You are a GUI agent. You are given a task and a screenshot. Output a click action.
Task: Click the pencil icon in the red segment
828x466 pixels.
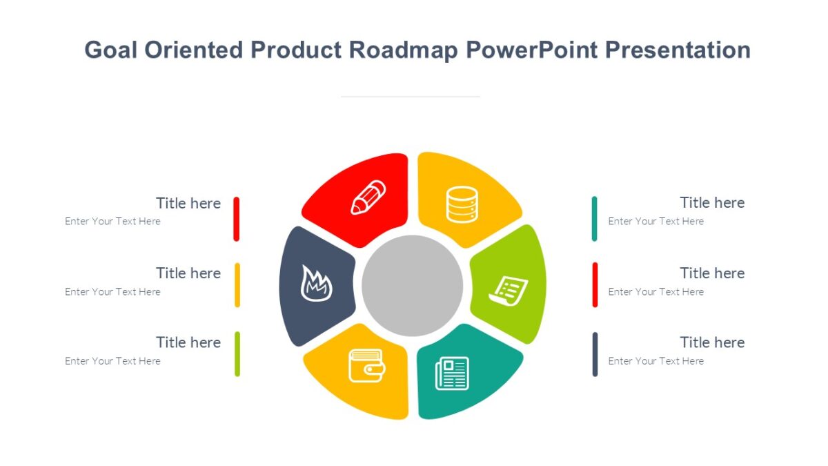[x=368, y=197]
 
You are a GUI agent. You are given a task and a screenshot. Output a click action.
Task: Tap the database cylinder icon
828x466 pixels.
[x=462, y=204]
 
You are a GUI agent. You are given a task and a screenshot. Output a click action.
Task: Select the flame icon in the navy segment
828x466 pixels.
[x=316, y=284]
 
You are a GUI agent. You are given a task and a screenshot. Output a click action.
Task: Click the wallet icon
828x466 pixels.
[x=366, y=365]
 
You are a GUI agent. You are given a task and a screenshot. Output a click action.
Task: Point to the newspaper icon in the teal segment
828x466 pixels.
[x=452, y=373]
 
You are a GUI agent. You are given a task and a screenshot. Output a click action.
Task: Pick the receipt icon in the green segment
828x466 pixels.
[x=509, y=290]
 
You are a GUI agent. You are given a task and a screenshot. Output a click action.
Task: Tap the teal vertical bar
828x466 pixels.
[x=594, y=219]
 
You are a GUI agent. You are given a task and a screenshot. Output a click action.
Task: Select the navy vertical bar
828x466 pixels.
[x=595, y=354]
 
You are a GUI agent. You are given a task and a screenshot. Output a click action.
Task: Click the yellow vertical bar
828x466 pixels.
[x=237, y=284]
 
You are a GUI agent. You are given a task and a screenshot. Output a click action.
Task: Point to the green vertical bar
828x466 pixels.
[x=237, y=354]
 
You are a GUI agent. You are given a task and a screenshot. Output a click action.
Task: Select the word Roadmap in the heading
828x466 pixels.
[x=404, y=50]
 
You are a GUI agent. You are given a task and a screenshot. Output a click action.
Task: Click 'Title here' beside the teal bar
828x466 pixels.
[x=712, y=203]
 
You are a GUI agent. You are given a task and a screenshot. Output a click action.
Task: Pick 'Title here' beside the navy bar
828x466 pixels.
[x=712, y=342]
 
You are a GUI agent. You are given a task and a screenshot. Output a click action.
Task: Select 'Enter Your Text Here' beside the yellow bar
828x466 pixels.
[x=112, y=292]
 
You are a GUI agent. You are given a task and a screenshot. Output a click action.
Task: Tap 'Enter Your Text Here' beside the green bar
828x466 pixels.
[x=112, y=361]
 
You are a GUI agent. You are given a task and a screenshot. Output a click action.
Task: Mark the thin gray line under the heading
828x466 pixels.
[x=411, y=97]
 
